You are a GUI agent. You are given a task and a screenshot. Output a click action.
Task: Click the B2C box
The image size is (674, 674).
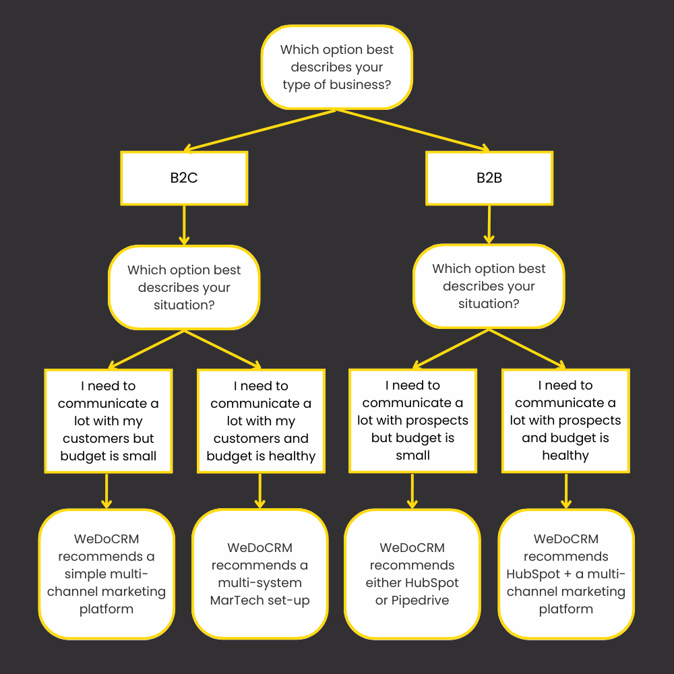[x=184, y=178]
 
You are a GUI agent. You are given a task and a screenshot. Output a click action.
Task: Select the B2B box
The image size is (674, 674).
[x=489, y=178]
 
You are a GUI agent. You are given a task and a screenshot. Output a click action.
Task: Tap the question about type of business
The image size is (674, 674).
[x=336, y=67]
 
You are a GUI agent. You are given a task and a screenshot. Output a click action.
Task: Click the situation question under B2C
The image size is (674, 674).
[x=184, y=287]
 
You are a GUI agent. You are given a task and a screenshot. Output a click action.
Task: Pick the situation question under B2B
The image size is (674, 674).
[x=489, y=286]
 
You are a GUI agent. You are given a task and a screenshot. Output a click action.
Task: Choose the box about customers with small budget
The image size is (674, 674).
[x=109, y=421]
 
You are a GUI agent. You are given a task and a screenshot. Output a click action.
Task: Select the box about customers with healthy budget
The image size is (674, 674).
[x=261, y=421]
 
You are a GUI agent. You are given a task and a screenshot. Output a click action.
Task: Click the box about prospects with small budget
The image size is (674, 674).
[x=412, y=421]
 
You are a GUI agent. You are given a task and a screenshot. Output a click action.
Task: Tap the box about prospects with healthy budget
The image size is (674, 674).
[x=565, y=421]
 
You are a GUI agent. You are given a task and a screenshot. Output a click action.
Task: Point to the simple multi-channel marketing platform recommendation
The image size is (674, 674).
[x=106, y=574]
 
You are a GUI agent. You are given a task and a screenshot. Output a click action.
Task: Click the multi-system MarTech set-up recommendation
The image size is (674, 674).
[x=260, y=574]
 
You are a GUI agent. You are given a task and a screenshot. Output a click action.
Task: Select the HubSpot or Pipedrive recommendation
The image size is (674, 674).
[x=412, y=574]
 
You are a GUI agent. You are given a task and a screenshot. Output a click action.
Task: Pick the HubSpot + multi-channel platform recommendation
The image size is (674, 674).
[x=566, y=574]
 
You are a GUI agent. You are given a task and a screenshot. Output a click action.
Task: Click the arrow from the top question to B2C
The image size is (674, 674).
[x=259, y=130]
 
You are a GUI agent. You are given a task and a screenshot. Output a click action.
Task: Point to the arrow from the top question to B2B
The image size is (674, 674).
[x=413, y=130]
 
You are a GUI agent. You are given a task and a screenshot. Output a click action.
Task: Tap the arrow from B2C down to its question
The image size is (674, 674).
[x=184, y=225]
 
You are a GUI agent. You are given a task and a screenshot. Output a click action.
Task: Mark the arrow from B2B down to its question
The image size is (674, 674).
[x=489, y=224]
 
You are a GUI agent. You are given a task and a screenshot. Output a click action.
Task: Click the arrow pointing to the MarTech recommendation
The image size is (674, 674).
[x=259, y=491]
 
